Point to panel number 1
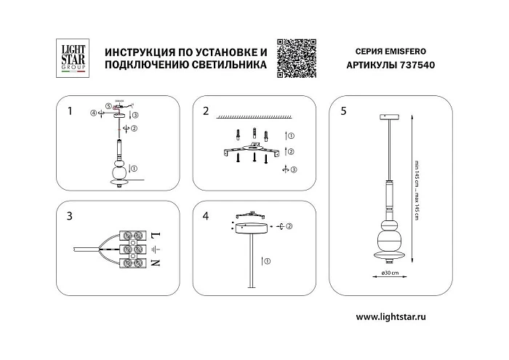pos(70,111)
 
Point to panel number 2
pos(206,111)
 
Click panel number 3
pos(70,216)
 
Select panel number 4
pos(206,216)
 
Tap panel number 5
pos(343,111)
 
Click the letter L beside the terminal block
pos(155,235)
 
